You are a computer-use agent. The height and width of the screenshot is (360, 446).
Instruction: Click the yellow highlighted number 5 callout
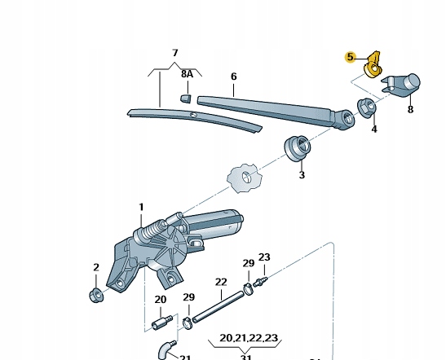pyautogui.click(x=350, y=57)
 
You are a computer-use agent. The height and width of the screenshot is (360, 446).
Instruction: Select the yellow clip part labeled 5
pyautogui.click(x=373, y=65)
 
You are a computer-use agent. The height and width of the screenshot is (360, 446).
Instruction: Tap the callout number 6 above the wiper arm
pyautogui.click(x=233, y=77)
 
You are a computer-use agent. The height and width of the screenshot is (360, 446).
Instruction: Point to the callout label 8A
pyautogui.click(x=188, y=74)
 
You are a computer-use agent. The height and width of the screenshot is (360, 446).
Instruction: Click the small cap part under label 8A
pyautogui.click(x=185, y=98)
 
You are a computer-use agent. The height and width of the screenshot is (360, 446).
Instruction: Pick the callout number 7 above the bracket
pyautogui.click(x=175, y=53)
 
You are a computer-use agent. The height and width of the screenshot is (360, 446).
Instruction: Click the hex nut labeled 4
pyautogui.click(x=367, y=108)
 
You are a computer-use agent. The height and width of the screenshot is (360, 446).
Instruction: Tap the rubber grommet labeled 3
pyautogui.click(x=298, y=147)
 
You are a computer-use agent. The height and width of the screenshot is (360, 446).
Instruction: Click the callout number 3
pyautogui.click(x=302, y=175)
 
